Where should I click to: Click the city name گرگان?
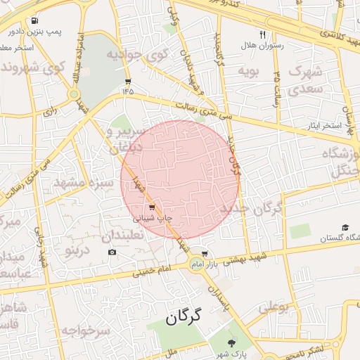point(184,317)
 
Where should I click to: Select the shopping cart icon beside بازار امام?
point(205,254)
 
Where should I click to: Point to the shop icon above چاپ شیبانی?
point(152,207)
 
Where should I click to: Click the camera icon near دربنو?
point(112,252)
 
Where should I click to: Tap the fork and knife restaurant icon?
point(263,34)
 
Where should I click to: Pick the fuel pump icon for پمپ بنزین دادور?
point(36,20)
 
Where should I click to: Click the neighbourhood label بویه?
point(250,71)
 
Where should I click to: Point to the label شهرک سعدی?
point(306,79)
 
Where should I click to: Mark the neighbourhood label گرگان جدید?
point(250,209)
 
